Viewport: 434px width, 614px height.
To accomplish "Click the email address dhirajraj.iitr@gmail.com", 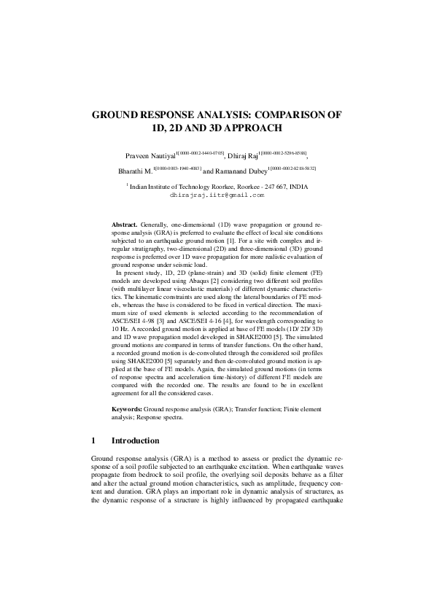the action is (217, 195).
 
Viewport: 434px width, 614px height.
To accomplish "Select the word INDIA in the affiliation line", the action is (298, 187).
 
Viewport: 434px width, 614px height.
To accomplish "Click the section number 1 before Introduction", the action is (95, 441).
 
